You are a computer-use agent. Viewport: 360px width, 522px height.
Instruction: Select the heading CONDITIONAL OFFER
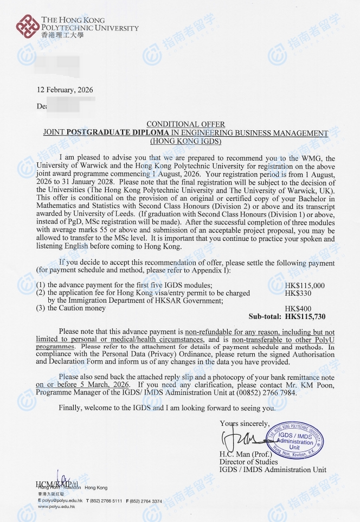pos(185,125)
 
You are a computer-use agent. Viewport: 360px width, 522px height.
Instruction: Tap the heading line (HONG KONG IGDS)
pos(185,141)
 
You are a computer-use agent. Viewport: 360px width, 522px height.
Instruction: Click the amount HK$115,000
pos(304,285)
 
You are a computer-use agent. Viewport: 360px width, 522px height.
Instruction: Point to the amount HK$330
pos(297,293)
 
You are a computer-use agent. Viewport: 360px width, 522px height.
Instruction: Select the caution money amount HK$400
pos(297,308)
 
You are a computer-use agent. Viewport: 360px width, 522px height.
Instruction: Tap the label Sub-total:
pos(265,316)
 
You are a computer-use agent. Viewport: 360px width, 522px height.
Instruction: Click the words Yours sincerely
pos(244,423)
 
